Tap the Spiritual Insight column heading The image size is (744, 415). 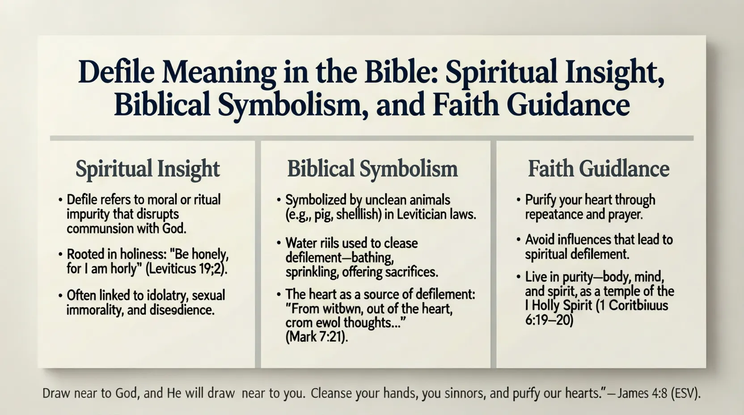pyautogui.click(x=148, y=169)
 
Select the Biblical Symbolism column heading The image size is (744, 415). pyautogui.click(x=372, y=169)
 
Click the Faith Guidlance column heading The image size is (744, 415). pyautogui.click(x=599, y=169)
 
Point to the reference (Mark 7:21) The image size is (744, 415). pyautogui.click(x=317, y=337)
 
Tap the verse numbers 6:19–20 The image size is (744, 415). pyautogui.click(x=549, y=320)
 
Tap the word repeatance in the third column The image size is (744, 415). pyautogui.click(x=554, y=214)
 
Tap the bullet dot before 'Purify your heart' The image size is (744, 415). pyautogui.click(x=518, y=200)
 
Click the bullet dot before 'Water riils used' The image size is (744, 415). pyautogui.click(x=279, y=243)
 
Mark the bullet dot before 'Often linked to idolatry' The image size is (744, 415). pyautogui.click(x=60, y=296)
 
